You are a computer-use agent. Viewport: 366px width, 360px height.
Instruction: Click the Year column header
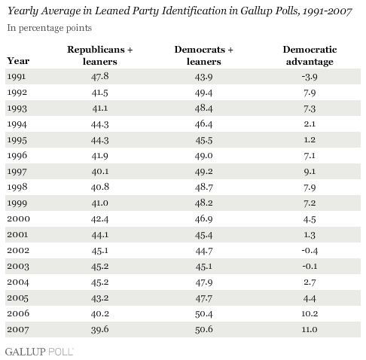coord(18,61)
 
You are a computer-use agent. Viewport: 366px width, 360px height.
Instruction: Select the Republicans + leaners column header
coord(100,56)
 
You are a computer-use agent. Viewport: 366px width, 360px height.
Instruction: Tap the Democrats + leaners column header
coord(204,56)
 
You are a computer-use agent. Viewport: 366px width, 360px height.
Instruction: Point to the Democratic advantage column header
coord(310,56)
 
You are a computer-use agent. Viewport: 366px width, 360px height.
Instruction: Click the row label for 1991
coord(17,77)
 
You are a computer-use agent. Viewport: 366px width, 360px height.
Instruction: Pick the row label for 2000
coord(18,219)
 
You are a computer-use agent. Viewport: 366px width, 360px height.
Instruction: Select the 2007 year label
coord(18,329)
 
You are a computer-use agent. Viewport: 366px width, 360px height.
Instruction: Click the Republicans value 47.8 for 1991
coord(100,76)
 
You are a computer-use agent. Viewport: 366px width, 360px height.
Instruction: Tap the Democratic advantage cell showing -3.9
coord(310,77)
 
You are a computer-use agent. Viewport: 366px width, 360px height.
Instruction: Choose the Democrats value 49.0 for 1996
coord(203,156)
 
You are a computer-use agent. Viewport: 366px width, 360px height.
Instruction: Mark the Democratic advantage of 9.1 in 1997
coord(310,172)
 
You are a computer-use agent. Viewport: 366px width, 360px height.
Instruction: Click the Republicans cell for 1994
coord(100,124)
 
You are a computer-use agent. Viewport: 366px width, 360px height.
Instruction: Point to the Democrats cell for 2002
coord(204,251)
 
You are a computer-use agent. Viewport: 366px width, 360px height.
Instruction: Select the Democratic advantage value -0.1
coord(310,267)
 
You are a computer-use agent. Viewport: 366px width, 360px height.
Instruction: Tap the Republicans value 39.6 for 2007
coord(100,330)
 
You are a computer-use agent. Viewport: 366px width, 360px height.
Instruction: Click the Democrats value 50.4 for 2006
coord(203,314)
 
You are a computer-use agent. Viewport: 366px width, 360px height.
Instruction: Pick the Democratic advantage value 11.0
coord(310,329)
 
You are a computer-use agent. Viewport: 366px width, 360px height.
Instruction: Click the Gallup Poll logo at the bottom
coord(39,352)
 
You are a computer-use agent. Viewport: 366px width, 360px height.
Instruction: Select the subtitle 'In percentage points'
coord(50,28)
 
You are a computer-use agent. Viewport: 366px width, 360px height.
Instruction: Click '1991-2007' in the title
coord(327,11)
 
